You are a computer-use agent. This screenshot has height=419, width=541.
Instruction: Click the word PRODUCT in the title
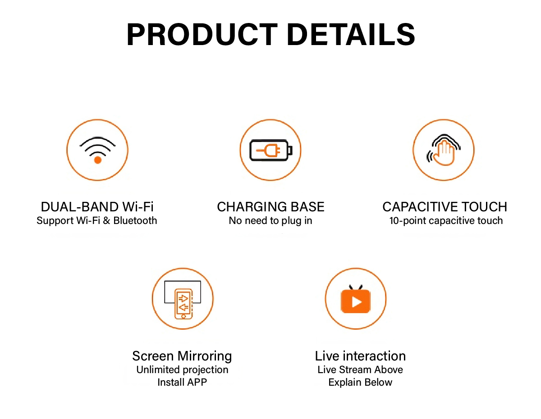pos(202,34)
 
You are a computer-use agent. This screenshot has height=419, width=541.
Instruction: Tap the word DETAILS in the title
pos(351,34)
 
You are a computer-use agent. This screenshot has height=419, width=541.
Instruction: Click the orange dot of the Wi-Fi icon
pos(98,160)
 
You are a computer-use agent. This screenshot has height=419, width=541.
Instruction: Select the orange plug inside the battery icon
pos(268,150)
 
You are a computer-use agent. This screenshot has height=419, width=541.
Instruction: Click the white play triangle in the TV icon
pos(357,302)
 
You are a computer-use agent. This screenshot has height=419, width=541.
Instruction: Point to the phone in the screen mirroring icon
pos(183,304)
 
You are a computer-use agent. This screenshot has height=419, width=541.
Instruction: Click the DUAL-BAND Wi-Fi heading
pos(97,207)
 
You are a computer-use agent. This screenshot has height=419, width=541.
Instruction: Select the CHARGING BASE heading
pos(270,207)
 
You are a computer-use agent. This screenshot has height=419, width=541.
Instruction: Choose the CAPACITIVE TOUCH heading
pos(445,207)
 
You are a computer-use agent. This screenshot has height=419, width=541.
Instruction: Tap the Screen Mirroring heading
pos(182,356)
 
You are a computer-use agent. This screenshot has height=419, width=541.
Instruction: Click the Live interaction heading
pos(360,356)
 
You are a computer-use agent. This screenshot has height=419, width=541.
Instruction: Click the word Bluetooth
pos(135,220)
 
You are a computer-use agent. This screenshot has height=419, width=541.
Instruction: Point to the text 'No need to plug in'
pos(270,221)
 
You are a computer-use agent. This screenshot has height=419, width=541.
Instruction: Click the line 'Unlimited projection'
pos(182,370)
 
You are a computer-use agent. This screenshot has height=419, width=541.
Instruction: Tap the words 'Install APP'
pos(182,382)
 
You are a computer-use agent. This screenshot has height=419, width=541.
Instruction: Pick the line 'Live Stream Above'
pos(360,369)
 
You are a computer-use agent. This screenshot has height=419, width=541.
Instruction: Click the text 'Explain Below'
pos(360,383)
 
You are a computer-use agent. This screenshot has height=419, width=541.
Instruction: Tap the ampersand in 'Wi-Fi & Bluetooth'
pos(106,220)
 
